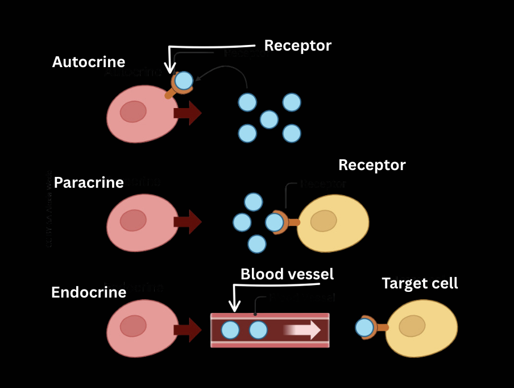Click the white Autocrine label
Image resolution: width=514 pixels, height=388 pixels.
[88, 62]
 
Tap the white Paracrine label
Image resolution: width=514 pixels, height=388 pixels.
[89, 183]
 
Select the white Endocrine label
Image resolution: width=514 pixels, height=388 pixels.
[88, 292]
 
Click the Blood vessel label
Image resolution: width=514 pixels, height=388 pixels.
[287, 274]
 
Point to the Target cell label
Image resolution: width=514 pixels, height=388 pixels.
[420, 283]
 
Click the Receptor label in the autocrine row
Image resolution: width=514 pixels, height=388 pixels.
[297, 46]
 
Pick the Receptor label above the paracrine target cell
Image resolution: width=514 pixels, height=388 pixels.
[372, 166]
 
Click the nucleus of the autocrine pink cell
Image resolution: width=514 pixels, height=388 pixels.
[133, 112]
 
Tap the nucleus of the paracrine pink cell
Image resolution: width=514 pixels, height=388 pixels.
[133, 220]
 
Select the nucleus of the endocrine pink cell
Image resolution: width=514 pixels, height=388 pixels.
[133, 326]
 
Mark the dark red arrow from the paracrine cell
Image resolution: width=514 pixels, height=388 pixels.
[187, 221]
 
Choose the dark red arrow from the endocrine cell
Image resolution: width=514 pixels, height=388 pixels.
[187, 329]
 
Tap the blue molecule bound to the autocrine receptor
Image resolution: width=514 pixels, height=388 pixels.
[184, 81]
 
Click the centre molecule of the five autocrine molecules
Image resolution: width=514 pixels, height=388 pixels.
[269, 119]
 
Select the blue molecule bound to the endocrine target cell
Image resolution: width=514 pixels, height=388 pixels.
[364, 328]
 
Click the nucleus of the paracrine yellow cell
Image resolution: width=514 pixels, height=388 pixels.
[324, 221]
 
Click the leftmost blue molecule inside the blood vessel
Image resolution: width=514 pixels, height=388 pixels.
[230, 330]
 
